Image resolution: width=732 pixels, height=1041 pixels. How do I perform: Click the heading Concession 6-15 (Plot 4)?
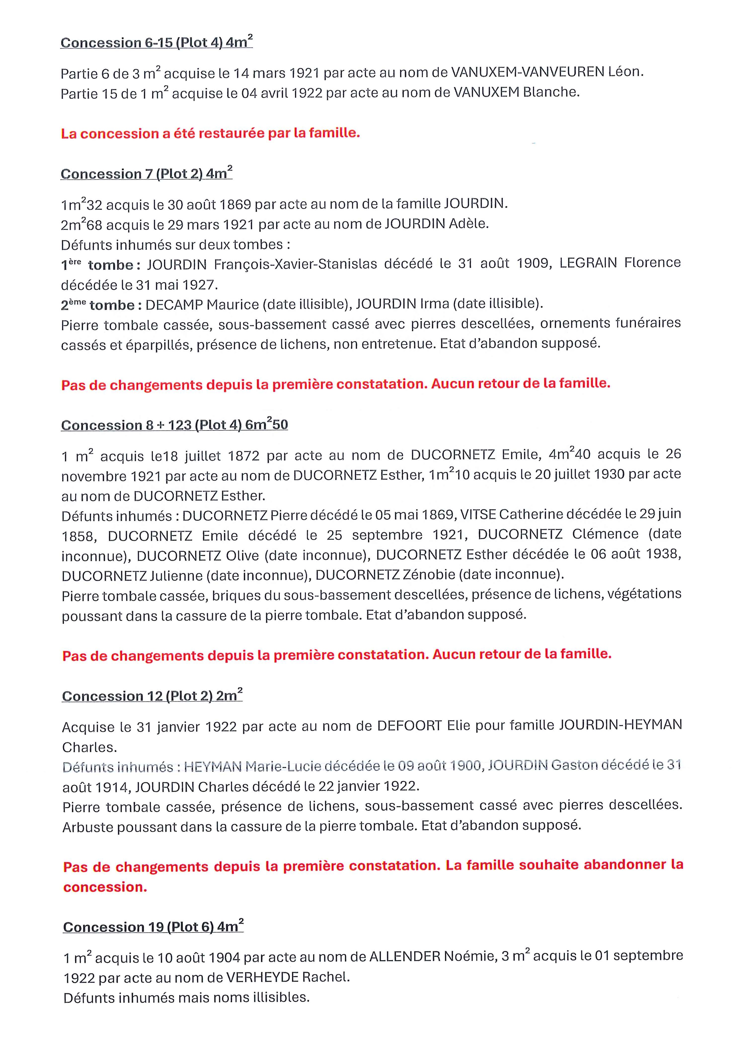point(156,43)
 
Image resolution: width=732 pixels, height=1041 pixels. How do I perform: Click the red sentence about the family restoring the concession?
point(210,133)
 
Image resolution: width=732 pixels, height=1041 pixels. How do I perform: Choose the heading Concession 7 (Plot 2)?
point(146,174)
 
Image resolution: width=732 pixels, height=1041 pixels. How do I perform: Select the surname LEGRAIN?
point(588,262)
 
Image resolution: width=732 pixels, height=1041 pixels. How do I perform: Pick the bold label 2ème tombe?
point(97,305)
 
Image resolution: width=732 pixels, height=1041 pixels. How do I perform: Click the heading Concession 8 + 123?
point(174,425)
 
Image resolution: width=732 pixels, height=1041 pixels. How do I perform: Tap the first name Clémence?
point(605,534)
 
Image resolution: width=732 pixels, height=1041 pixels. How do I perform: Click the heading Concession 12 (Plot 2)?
point(152,696)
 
